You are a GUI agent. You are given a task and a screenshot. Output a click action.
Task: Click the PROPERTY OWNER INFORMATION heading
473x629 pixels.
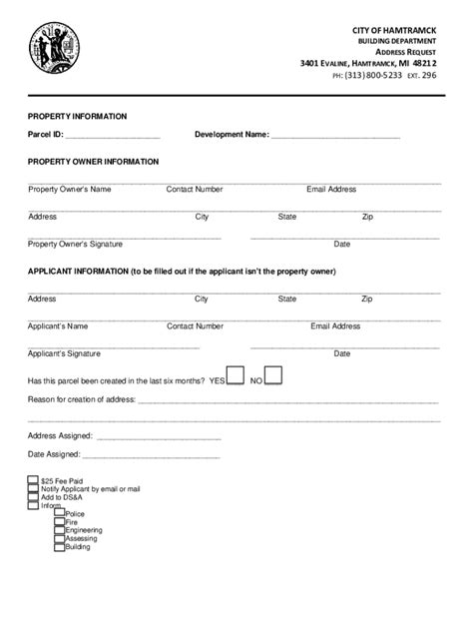pyautogui.click(x=93, y=161)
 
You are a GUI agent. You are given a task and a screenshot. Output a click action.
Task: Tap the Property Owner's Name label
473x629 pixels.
pyautogui.click(x=70, y=189)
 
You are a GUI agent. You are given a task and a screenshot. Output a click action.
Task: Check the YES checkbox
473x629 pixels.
pyautogui.click(x=236, y=375)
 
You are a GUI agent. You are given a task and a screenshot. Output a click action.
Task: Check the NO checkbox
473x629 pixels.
pyautogui.click(x=273, y=375)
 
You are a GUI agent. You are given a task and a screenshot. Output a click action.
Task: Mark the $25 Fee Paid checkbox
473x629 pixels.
pyautogui.click(x=33, y=480)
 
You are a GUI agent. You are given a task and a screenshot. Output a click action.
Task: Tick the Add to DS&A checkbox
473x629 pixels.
pyautogui.click(x=33, y=497)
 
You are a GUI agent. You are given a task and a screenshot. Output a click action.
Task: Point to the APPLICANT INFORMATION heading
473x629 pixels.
pyautogui.click(x=182, y=272)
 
